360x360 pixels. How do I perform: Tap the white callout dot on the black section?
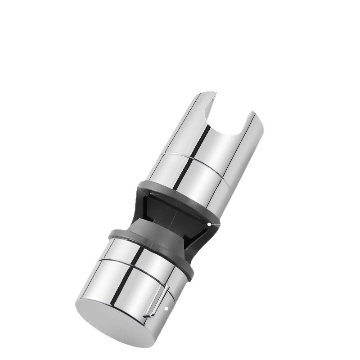[209, 224]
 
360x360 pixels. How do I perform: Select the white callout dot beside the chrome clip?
[166, 308]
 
